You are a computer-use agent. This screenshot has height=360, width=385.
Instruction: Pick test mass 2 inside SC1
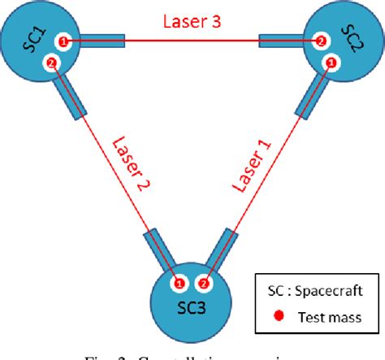(x=52, y=63)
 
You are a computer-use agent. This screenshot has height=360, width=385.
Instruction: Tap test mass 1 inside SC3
(x=180, y=284)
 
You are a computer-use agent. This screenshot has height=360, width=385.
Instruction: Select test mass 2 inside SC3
(x=204, y=284)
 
